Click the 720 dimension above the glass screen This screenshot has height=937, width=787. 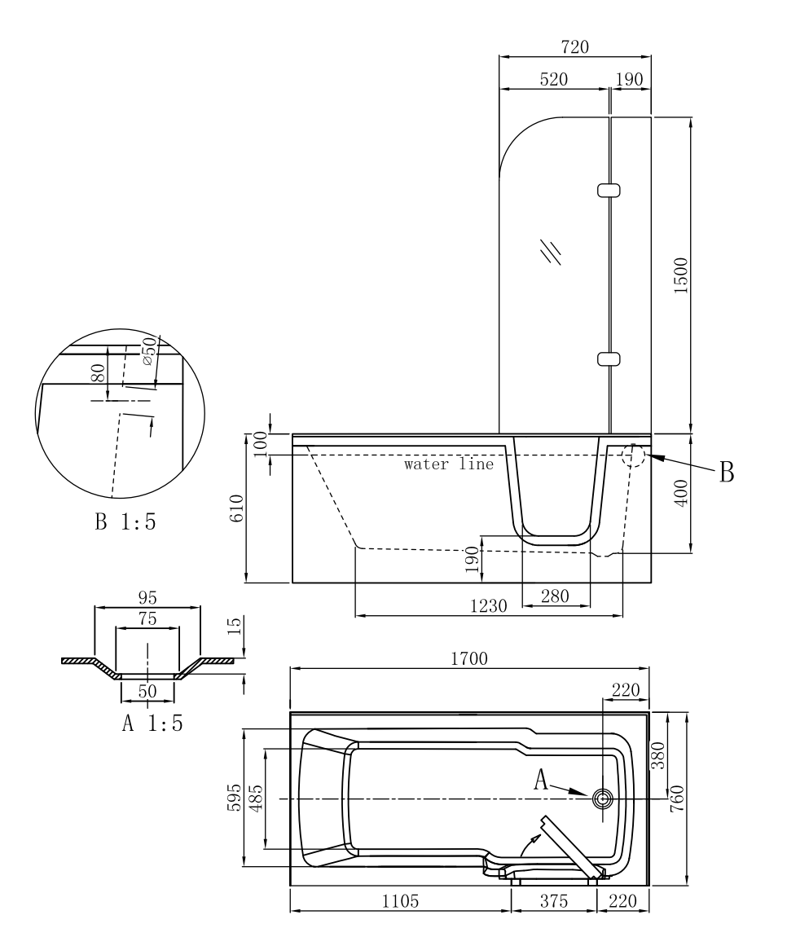pyautogui.click(x=574, y=46)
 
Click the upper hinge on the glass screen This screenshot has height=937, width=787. pyautogui.click(x=609, y=191)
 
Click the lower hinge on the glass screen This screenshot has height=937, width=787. pyautogui.click(x=609, y=359)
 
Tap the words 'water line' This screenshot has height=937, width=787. pyautogui.click(x=450, y=465)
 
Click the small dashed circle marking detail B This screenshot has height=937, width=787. pyautogui.click(x=633, y=455)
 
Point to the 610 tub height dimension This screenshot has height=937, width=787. pyautogui.click(x=236, y=510)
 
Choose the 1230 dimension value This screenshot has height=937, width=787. pyautogui.click(x=489, y=605)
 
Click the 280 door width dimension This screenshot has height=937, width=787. pyautogui.click(x=556, y=596)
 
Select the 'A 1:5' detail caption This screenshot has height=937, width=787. pyautogui.click(x=152, y=724)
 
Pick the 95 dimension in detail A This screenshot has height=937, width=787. pyautogui.click(x=147, y=597)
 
